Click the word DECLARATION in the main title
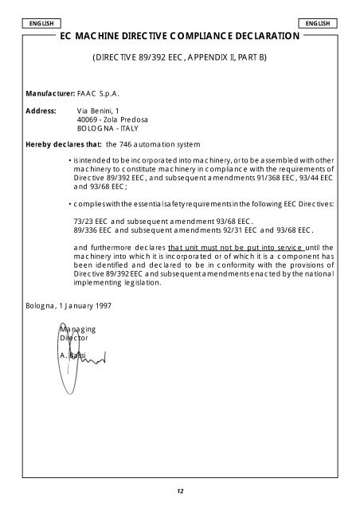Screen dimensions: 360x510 [256, 37]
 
